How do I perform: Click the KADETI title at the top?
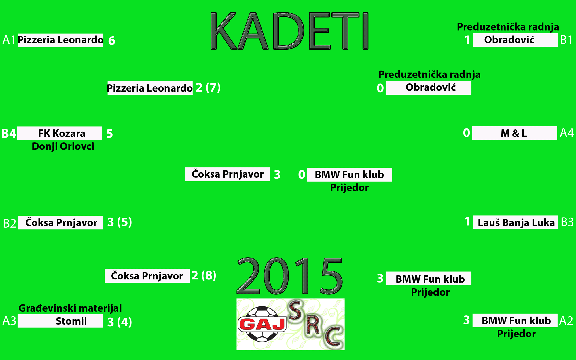tap(290, 31)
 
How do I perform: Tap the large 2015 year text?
tap(290, 275)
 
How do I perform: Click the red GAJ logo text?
tap(262, 324)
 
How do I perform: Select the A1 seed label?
tap(9, 40)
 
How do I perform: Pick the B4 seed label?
tap(9, 134)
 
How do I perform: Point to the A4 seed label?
tap(567, 133)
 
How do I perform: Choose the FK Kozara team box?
tap(60, 133)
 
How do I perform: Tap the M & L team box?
tap(515, 133)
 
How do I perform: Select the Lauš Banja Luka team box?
tap(515, 222)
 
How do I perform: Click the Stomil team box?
tap(60, 321)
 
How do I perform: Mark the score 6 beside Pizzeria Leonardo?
tap(112, 41)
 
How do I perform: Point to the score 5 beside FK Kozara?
tap(110, 134)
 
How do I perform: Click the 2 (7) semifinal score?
tap(208, 87)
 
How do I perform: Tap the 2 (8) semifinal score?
tap(204, 275)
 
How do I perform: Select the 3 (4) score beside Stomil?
tap(120, 322)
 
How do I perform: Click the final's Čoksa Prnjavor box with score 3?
tap(228, 174)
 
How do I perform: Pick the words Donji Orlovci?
tap(63, 146)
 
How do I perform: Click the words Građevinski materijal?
tap(70, 308)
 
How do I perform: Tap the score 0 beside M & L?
tap(467, 133)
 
